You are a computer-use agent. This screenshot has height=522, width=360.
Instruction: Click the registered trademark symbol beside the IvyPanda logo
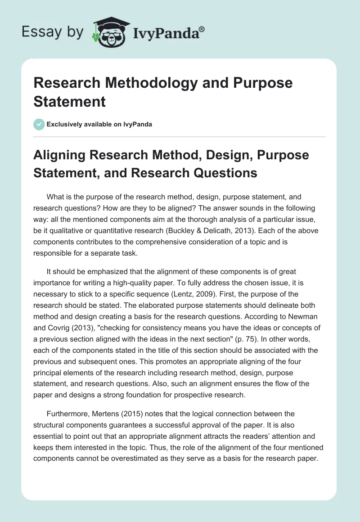pos(202,28)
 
